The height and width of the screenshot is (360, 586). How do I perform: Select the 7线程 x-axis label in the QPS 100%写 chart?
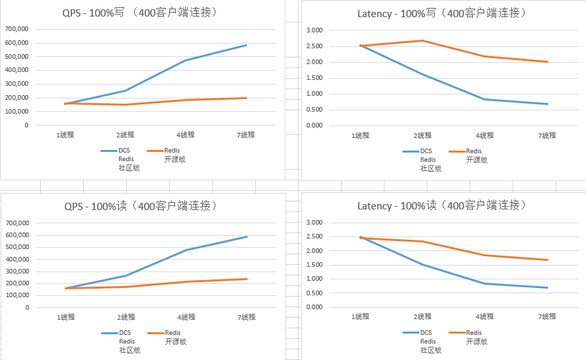click(246, 135)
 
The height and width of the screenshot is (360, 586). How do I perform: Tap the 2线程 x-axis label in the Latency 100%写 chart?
click(423, 135)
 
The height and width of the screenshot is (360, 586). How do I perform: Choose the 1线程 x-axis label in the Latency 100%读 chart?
click(361, 317)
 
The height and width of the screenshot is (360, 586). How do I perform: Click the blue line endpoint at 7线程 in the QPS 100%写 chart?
click(246, 45)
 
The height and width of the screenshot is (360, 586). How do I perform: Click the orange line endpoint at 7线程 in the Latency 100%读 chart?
click(548, 260)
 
